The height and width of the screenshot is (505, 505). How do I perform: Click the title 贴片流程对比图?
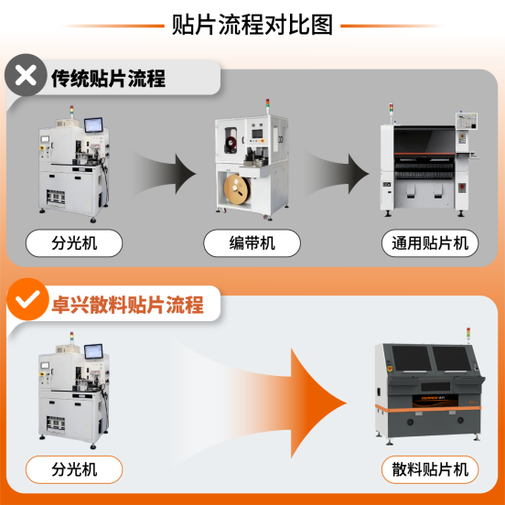pyautogui.click(x=252, y=24)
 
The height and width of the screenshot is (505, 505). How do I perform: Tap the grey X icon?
pyautogui.click(x=27, y=77)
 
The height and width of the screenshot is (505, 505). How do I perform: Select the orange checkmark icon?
pyautogui.click(x=27, y=298)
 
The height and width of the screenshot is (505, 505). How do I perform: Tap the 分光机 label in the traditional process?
pyautogui.click(x=73, y=243)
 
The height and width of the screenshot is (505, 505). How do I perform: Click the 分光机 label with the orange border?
pyautogui.click(x=73, y=470)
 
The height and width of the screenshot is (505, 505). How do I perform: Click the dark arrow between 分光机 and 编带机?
pyautogui.click(x=169, y=170)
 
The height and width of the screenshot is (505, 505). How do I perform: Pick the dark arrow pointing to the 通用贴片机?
pyautogui.click(x=343, y=170)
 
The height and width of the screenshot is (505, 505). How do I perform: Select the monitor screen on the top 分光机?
pyautogui.click(x=94, y=125)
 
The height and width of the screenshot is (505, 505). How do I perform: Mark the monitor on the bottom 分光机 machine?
pyautogui.click(x=94, y=352)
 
